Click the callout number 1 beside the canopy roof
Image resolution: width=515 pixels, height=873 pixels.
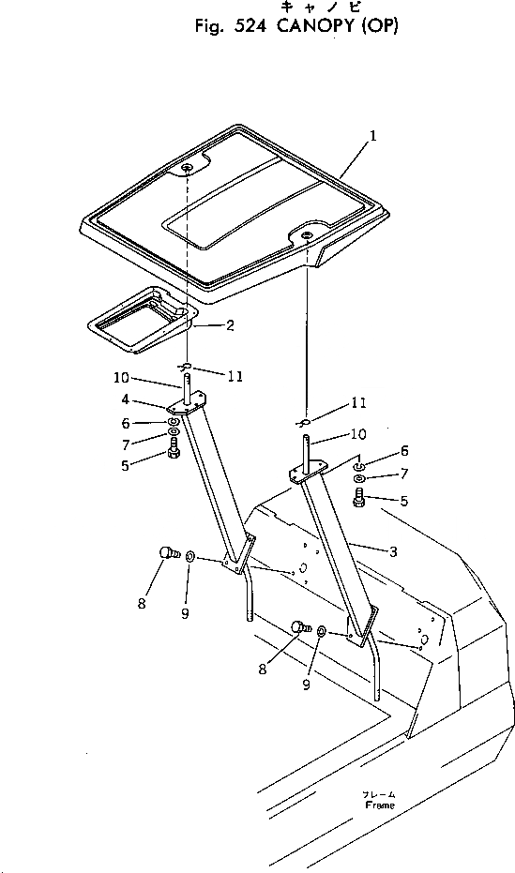[373, 135]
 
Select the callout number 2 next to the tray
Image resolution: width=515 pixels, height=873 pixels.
[230, 325]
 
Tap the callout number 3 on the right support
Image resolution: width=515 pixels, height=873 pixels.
[393, 551]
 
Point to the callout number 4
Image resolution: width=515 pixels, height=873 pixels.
[126, 399]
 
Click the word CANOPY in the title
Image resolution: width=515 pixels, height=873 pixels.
[316, 26]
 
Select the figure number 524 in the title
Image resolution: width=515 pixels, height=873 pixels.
[252, 26]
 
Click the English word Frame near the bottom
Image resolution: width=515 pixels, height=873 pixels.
[380, 805]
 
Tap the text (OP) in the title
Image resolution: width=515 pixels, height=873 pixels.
[380, 26]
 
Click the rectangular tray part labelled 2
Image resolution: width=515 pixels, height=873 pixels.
[143, 321]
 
